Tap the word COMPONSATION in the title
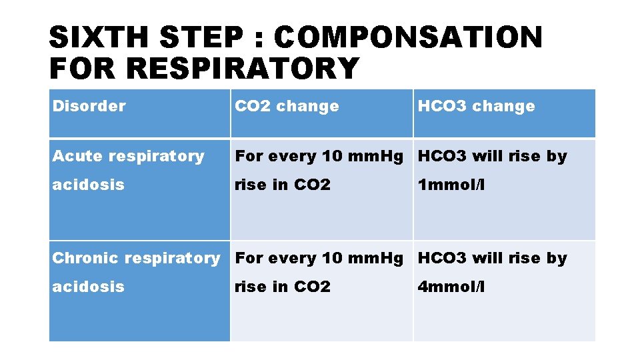(x=408, y=38)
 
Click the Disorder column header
(x=89, y=106)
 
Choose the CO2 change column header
(x=287, y=106)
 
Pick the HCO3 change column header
(x=476, y=106)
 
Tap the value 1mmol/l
(x=451, y=185)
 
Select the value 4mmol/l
(x=451, y=287)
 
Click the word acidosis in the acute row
(x=88, y=185)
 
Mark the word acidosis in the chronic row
(x=88, y=287)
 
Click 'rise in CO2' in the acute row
(x=283, y=185)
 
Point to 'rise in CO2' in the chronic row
(x=283, y=287)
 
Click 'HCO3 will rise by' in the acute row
(x=492, y=156)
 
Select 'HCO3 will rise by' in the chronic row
(x=492, y=258)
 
